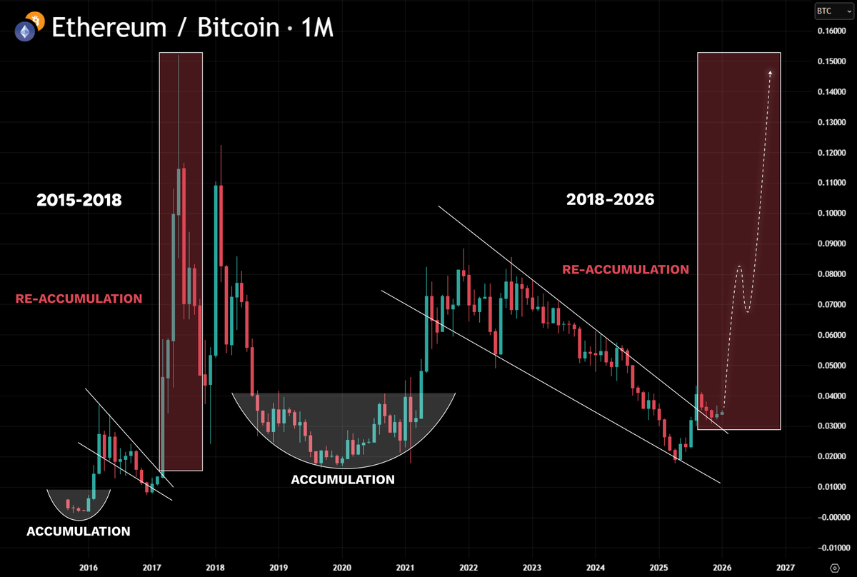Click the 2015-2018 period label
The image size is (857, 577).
[79, 201]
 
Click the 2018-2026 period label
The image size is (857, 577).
[610, 201]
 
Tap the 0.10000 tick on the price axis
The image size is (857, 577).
[834, 214]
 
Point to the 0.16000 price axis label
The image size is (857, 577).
[834, 31]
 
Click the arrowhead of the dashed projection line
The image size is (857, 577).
[770, 73]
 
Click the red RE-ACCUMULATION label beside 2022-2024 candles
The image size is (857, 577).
[626, 270]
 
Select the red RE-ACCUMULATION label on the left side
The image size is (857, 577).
[79, 298]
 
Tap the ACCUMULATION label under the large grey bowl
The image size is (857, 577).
[343, 480]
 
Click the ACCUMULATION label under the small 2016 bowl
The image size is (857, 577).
[79, 531]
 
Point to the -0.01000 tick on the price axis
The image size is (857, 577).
[833, 548]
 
